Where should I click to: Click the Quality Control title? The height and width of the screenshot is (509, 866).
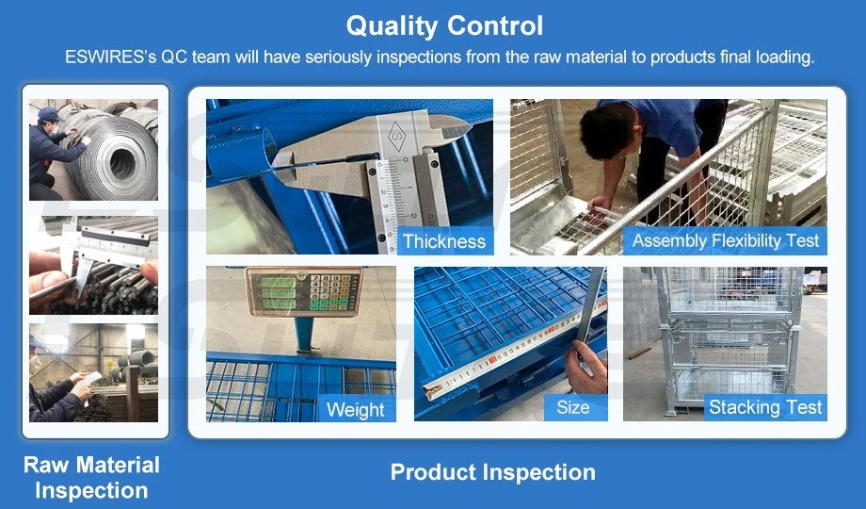444,26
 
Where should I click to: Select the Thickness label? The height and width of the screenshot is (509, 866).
444,241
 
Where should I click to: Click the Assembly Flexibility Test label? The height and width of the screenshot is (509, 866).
725,240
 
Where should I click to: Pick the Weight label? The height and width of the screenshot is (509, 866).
355,409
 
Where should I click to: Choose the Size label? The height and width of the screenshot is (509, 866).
572,408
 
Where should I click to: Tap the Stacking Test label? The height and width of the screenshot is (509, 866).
765,407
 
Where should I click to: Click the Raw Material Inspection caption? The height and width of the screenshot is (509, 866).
91,478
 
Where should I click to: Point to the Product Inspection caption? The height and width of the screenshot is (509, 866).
492,472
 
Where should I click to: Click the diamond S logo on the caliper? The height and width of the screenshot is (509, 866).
397,136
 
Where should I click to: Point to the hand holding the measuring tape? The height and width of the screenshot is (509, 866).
586,367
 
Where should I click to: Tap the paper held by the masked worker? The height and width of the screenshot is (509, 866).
90,381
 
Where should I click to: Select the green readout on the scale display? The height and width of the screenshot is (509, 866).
278,292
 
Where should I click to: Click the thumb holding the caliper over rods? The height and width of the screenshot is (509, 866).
149,271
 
